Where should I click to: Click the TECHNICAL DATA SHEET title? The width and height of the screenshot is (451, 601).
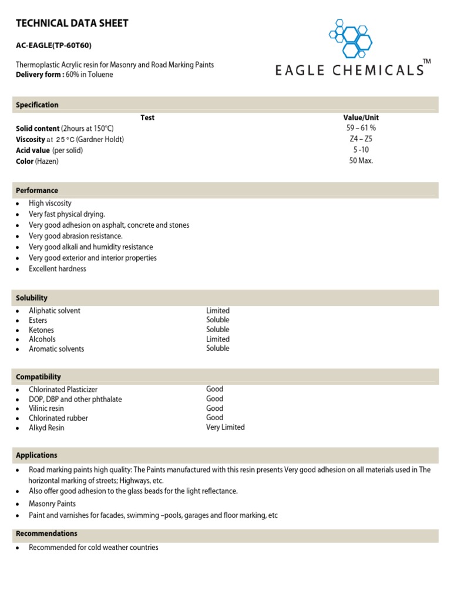coord(72,23)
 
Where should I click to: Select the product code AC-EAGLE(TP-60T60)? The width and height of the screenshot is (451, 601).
coord(53,45)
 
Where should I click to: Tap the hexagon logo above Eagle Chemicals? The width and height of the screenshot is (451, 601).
coord(351,38)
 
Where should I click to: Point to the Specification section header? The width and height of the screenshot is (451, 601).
coord(37,105)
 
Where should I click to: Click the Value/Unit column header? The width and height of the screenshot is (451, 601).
coord(361,117)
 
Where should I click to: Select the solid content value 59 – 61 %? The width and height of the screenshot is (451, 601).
coord(361,128)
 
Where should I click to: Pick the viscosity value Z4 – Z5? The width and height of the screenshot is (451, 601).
coord(361,139)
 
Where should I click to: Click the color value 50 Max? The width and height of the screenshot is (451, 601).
coord(361,161)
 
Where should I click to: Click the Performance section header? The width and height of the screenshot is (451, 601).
coord(37,191)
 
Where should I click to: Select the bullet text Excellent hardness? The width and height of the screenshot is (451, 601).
coord(58,269)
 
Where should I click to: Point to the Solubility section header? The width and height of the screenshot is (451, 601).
coord(32,298)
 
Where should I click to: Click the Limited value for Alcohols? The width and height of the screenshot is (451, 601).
coord(218,339)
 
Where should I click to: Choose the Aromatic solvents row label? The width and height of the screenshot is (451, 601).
coord(56,349)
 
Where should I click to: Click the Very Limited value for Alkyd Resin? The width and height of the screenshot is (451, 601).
coord(225,427)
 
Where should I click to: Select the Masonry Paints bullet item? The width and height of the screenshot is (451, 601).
coord(52,504)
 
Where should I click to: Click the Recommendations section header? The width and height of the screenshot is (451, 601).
coord(46,534)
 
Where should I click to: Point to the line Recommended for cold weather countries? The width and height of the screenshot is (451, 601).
coord(93,548)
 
